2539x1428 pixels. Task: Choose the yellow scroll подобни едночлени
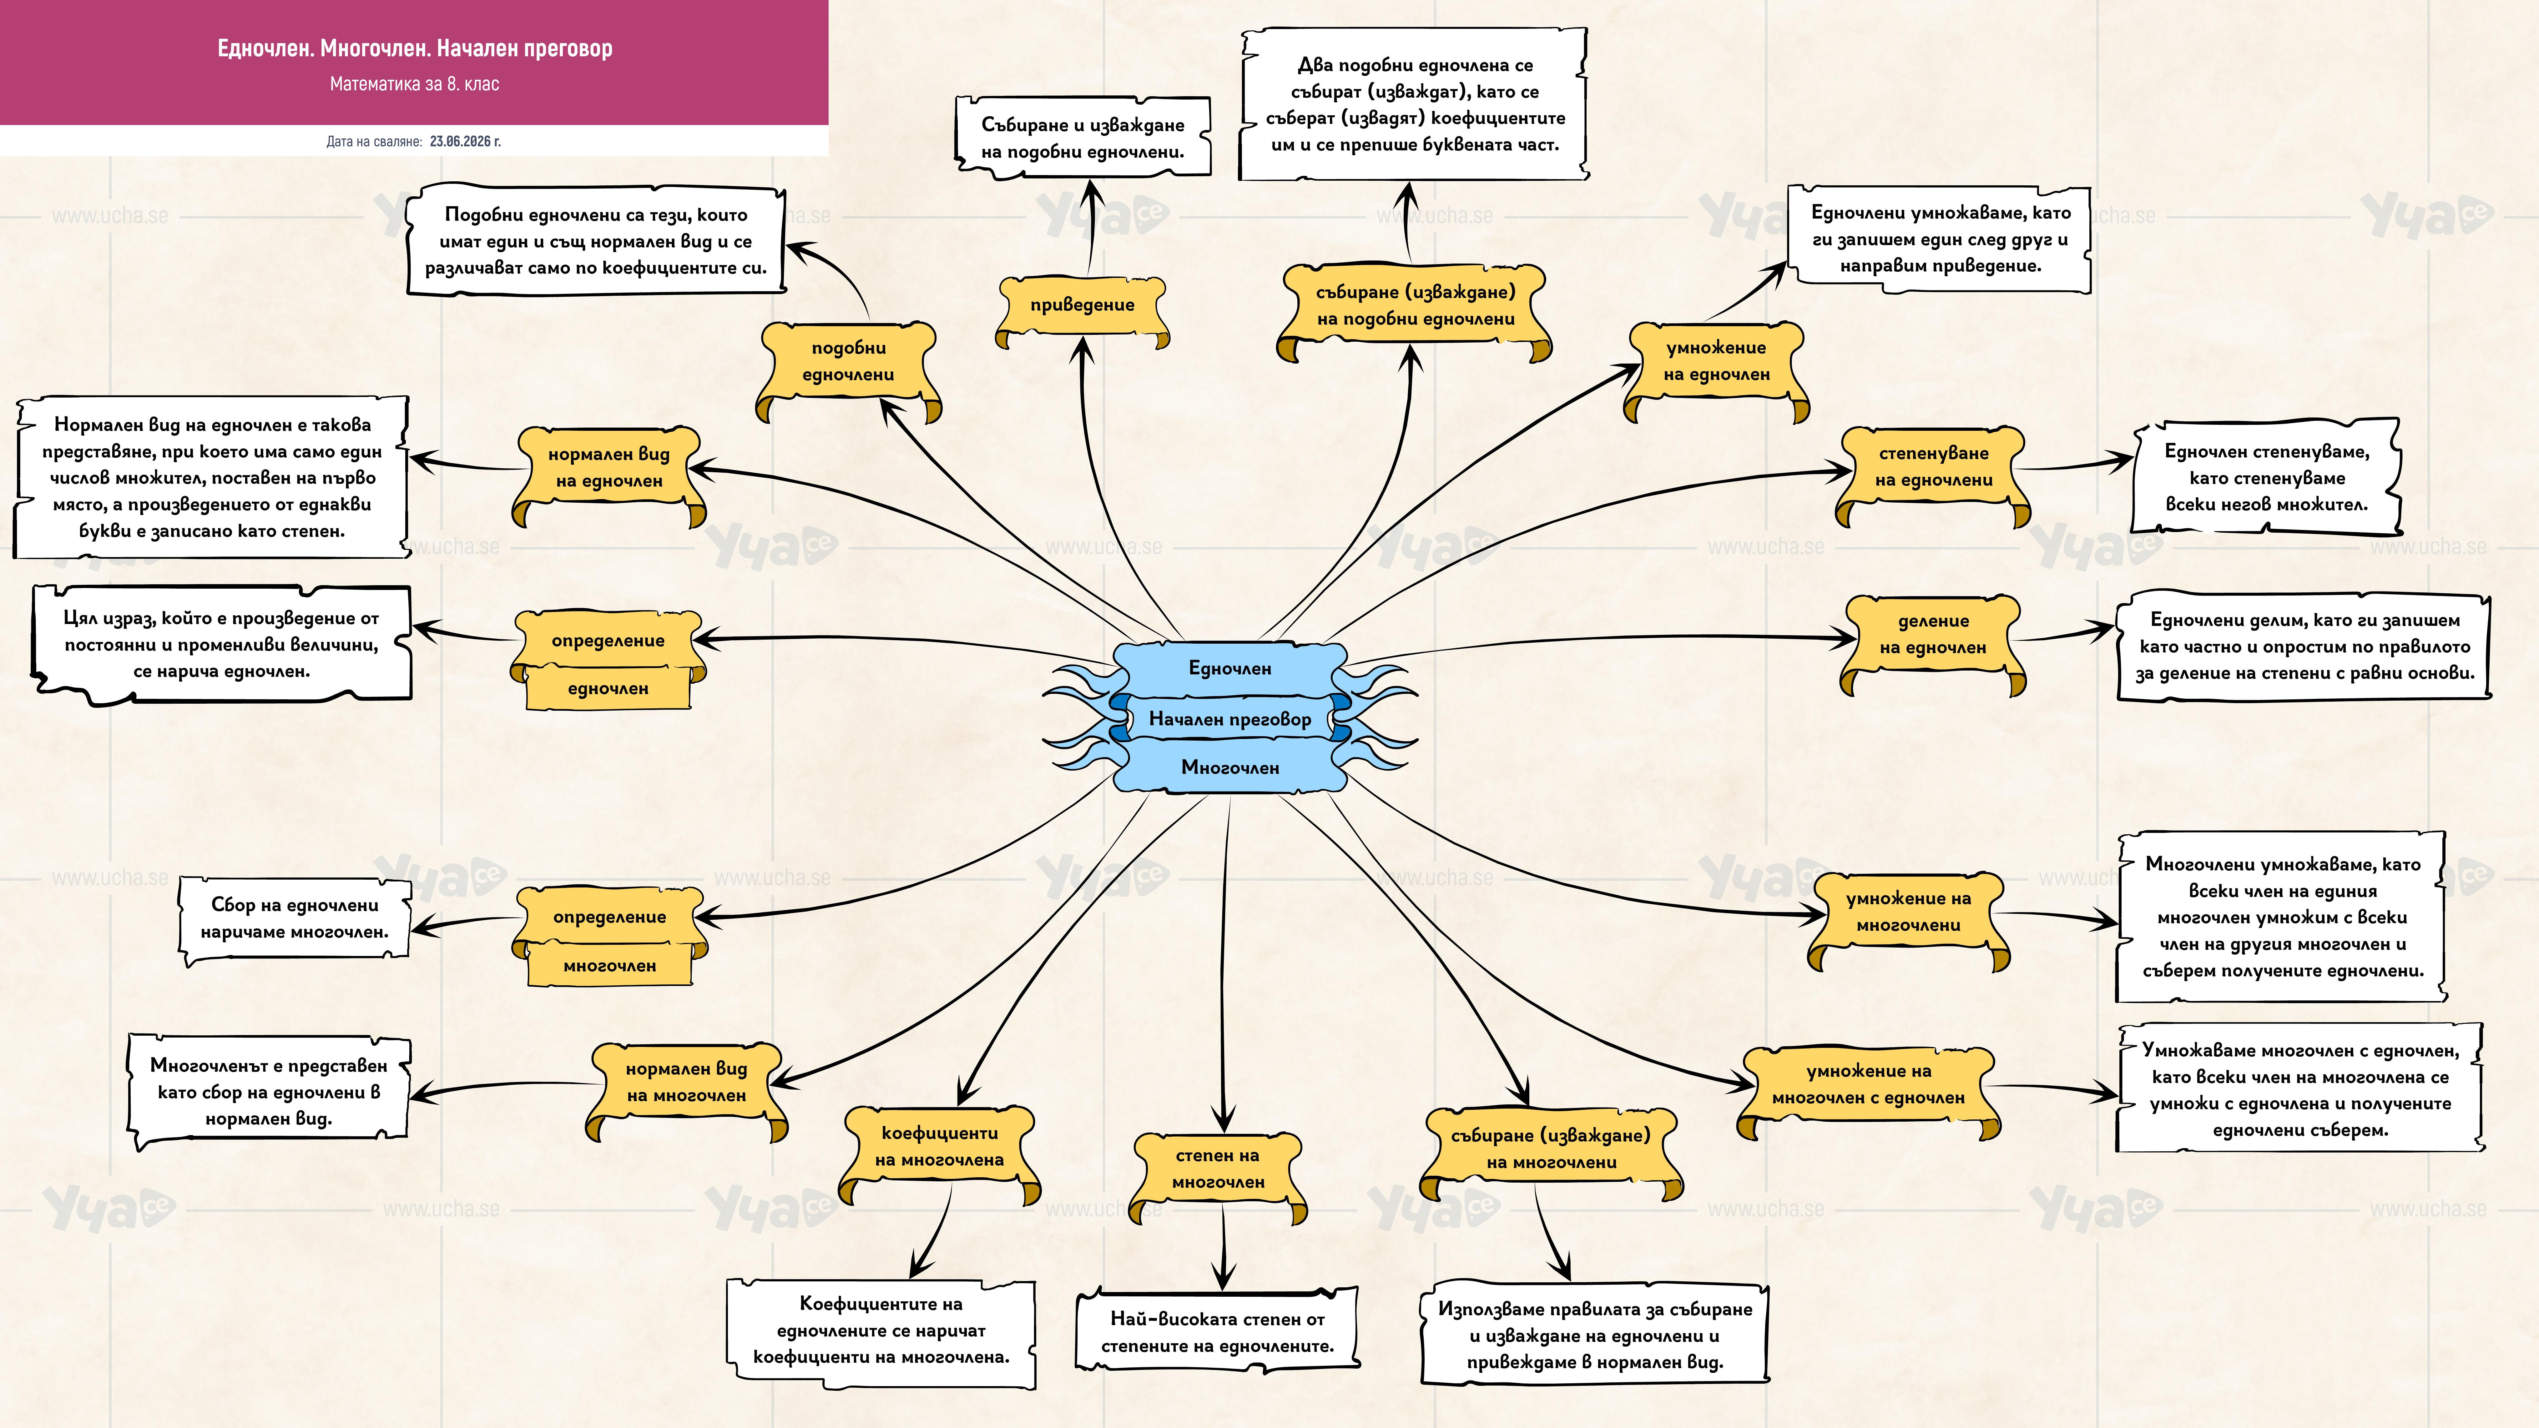coord(849,365)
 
